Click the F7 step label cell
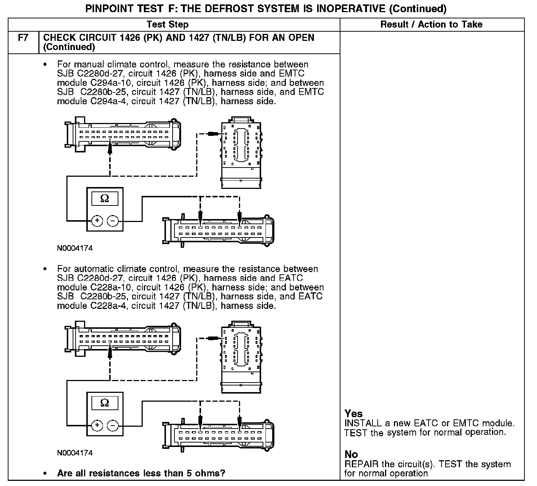pyautogui.click(x=23, y=38)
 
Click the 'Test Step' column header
pyautogui.click(x=167, y=25)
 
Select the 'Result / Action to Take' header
pyautogui.click(x=431, y=25)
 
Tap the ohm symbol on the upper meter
pyautogui.click(x=105, y=199)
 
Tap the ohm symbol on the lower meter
pyautogui.click(x=105, y=403)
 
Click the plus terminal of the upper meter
pyautogui.click(x=97, y=221)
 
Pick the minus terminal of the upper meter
pyautogui.click(x=113, y=221)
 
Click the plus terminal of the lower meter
pyautogui.click(x=97, y=426)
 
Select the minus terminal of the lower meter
pyautogui.click(x=113, y=426)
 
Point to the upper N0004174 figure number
pyautogui.click(x=75, y=248)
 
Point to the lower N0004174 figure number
pyautogui.click(x=75, y=453)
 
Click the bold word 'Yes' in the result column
pyautogui.click(x=353, y=413)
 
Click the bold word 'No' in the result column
pyautogui.click(x=351, y=454)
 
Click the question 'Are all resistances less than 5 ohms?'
pyautogui.click(x=141, y=473)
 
